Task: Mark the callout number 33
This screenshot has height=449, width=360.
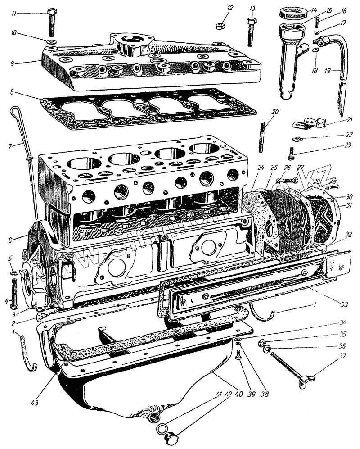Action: coord(344,304)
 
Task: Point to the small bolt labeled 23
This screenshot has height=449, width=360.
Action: coord(291,153)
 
